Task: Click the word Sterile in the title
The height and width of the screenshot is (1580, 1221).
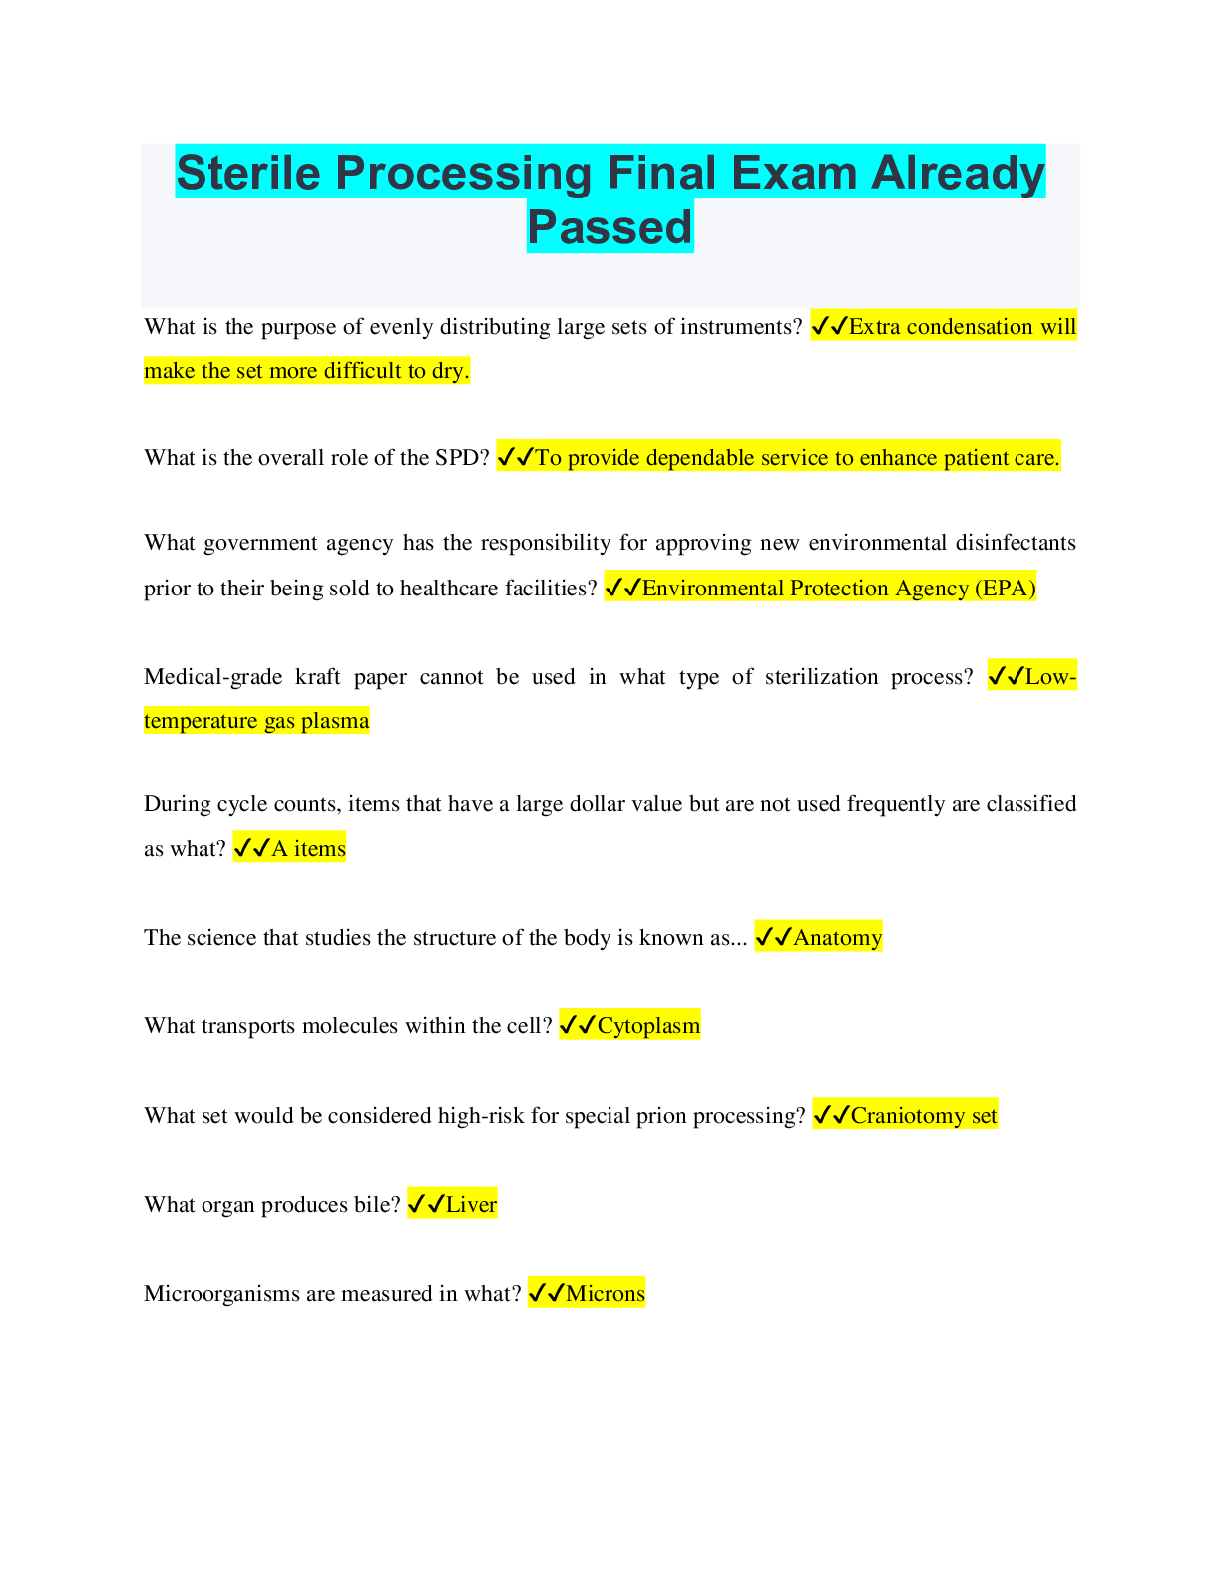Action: click(248, 173)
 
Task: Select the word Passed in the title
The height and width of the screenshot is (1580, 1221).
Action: click(610, 227)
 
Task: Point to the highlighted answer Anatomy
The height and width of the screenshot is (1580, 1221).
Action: click(837, 937)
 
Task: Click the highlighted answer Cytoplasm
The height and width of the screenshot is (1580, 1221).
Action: click(648, 1025)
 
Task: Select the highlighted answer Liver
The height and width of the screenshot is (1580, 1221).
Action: click(471, 1204)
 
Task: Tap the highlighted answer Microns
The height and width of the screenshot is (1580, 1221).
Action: click(605, 1293)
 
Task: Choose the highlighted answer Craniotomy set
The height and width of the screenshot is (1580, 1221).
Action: click(924, 1115)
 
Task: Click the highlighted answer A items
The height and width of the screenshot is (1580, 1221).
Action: click(308, 848)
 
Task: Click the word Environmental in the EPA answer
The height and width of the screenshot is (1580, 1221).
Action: click(712, 588)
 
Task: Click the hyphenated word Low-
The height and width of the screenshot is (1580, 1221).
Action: click(1050, 676)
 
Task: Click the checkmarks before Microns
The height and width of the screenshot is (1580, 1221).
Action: click(546, 1293)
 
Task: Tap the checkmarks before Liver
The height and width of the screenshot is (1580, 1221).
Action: click(426, 1204)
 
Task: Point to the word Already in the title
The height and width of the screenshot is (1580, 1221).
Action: click(958, 173)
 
